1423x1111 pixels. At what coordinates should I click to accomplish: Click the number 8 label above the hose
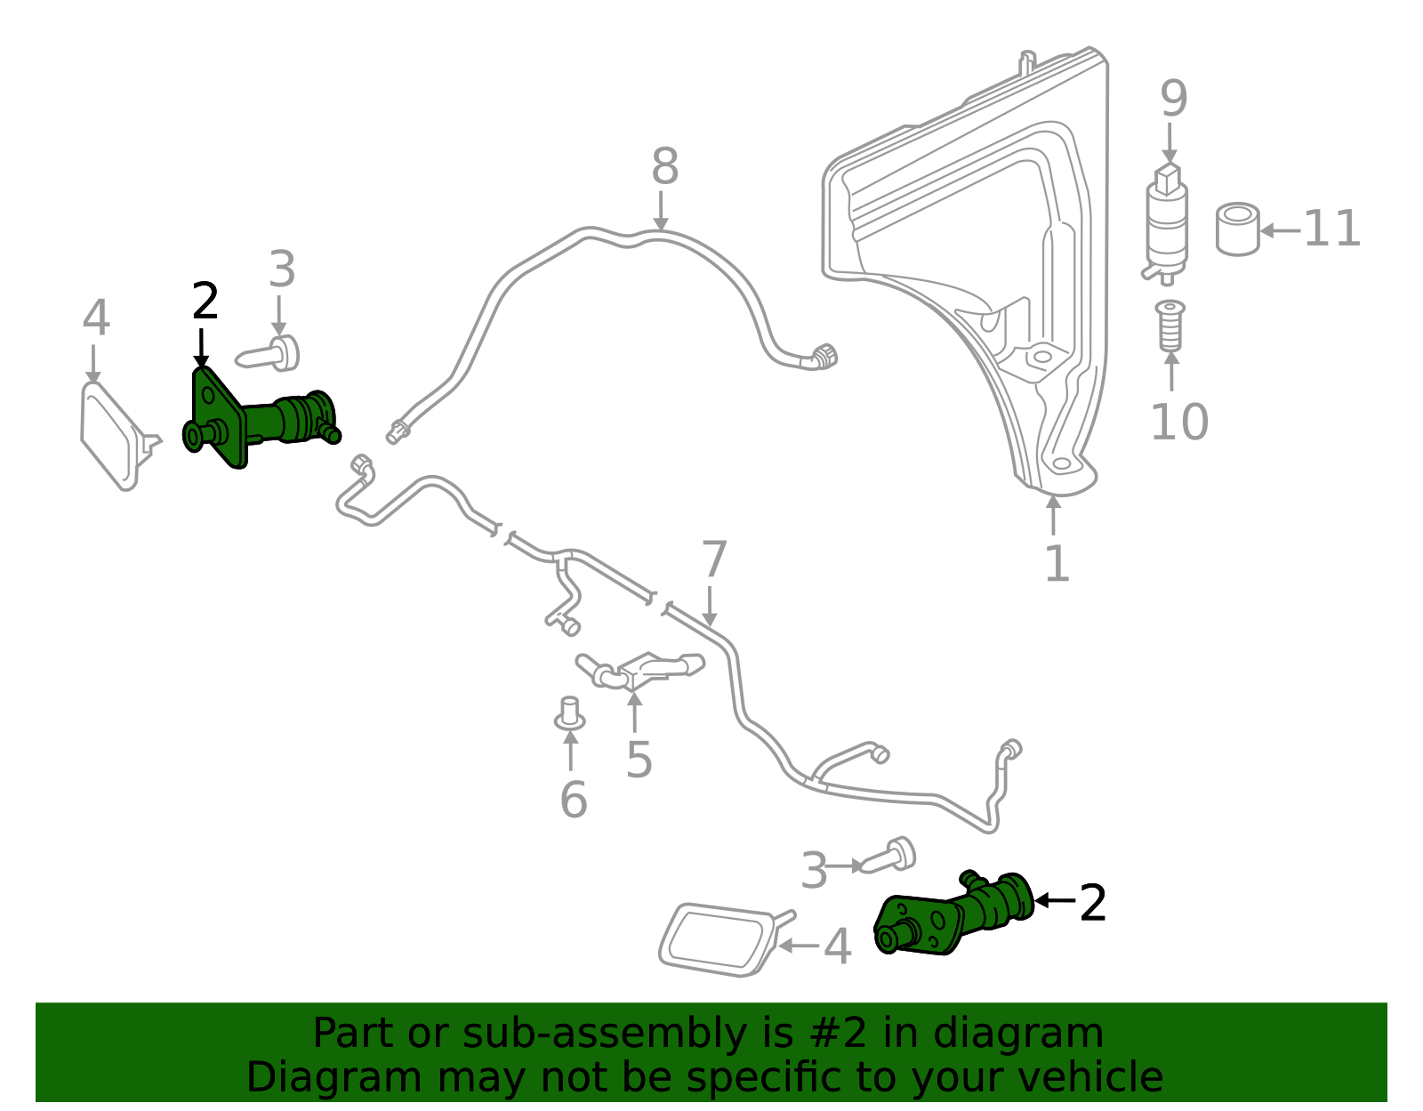[664, 167]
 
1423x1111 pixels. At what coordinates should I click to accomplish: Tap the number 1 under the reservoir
[1056, 564]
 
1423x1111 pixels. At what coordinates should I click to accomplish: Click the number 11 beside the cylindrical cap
[1331, 229]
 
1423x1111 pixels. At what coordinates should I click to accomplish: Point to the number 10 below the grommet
[1178, 422]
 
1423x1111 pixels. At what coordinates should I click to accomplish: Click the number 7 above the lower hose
[714, 560]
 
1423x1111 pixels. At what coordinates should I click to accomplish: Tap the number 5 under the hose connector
[639, 759]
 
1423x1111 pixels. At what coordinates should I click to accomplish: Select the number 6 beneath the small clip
[573, 799]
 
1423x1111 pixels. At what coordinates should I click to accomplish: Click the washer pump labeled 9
[1166, 222]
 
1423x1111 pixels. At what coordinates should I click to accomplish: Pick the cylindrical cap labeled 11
[1237, 229]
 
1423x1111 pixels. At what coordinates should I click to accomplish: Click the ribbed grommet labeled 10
[1170, 326]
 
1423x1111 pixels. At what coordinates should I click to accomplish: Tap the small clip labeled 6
[569, 714]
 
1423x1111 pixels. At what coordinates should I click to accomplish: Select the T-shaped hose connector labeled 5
[639, 670]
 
